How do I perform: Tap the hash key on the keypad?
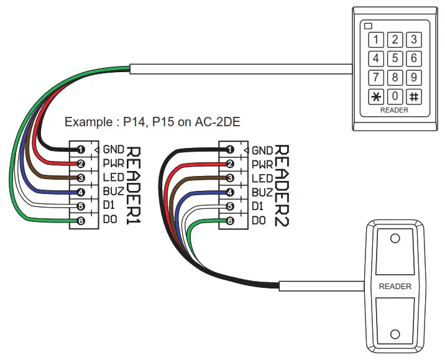click(413, 96)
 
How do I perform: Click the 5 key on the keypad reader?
click(395, 58)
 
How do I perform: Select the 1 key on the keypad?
click(376, 40)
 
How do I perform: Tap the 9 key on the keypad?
click(413, 78)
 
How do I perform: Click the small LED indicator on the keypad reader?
click(368, 26)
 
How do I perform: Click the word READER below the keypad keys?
click(394, 110)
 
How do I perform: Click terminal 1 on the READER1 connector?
click(80, 149)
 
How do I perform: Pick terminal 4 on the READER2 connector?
click(230, 192)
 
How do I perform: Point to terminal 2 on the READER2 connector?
click(230, 164)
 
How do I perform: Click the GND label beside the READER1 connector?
click(113, 149)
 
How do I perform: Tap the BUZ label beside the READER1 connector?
click(113, 192)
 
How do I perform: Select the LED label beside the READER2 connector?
click(262, 178)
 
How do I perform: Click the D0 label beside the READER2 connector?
click(259, 221)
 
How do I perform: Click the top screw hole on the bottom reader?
click(395, 239)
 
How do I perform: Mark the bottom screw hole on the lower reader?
click(395, 333)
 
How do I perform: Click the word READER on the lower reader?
click(395, 287)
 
